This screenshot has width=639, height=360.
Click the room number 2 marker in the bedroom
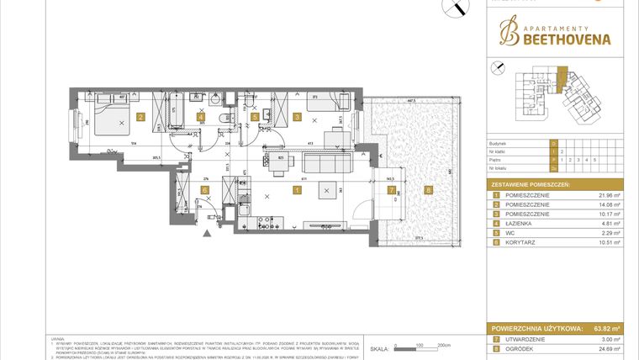[x=141, y=118]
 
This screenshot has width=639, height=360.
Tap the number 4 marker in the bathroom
[x=200, y=118]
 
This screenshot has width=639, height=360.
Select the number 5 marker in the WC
[x=255, y=118]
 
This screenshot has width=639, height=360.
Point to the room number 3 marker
[x=297, y=118]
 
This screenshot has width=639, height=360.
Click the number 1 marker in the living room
[x=297, y=190]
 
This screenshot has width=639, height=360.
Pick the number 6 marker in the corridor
[x=205, y=190]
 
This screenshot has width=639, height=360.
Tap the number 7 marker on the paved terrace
[x=391, y=190]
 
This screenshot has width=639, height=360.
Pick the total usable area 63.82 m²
[x=605, y=329]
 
